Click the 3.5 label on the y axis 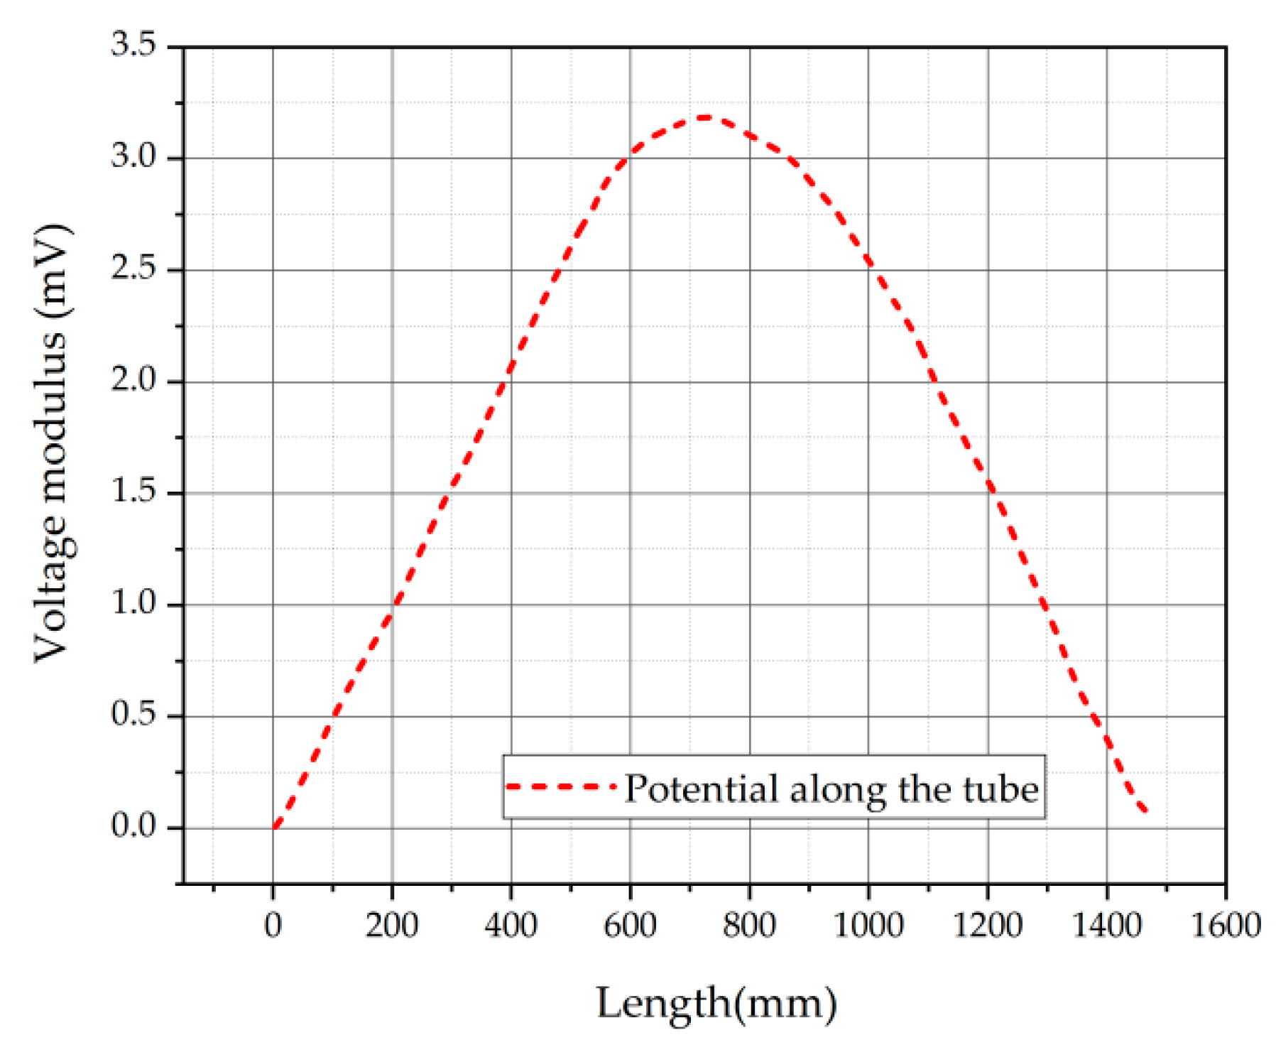coord(133,45)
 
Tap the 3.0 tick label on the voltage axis coord(133,157)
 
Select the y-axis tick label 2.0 coord(133,381)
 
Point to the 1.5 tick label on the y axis coord(133,492)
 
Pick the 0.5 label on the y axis coord(133,715)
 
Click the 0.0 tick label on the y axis coord(133,827)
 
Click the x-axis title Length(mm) coord(716,1004)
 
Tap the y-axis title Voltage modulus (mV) coord(53,444)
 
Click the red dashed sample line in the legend coord(561,787)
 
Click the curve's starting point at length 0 coord(275,826)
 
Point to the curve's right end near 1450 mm coord(1145,810)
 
